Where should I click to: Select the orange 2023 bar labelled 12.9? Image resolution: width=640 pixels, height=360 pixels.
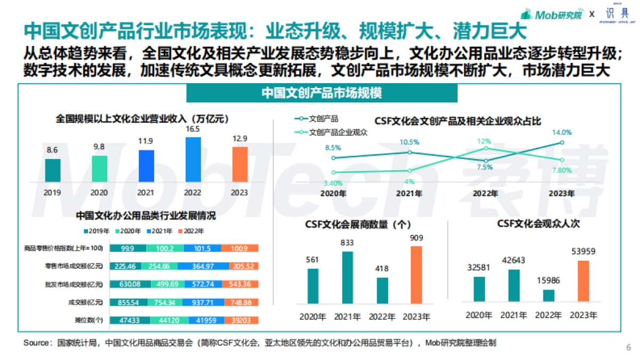(240, 164)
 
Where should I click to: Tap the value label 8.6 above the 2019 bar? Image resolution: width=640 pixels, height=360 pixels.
(52, 150)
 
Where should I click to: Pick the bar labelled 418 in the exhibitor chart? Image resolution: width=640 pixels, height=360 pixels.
(382, 291)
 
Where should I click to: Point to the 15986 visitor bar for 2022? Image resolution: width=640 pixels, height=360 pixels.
(549, 295)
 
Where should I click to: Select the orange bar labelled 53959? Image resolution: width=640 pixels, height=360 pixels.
(583, 281)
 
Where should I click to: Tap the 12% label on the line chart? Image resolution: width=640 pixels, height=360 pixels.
(484, 141)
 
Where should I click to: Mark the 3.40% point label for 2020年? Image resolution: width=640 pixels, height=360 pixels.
(332, 183)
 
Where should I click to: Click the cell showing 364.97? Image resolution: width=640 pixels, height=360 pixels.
(203, 266)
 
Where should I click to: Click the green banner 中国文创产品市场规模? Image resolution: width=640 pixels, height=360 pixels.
(322, 93)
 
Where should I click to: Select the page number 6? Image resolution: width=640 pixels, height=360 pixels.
(628, 347)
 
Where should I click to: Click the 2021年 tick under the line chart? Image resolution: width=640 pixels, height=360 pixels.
(409, 193)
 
